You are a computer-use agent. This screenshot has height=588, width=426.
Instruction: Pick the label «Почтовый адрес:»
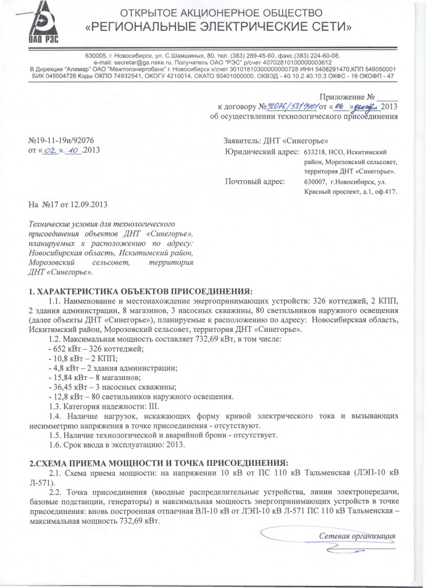(255, 181)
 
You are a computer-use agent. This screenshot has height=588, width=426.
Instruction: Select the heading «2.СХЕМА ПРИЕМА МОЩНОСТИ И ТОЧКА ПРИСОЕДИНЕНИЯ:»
(159, 462)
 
